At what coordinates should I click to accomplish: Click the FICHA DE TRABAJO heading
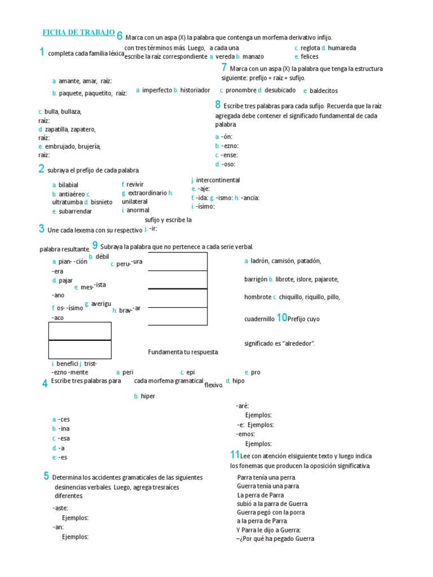[x=79, y=32]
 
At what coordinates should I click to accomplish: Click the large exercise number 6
[x=120, y=35]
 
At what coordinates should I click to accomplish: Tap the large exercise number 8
[x=218, y=104]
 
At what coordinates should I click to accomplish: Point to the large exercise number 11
[x=235, y=455]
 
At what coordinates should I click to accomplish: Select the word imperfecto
[x=157, y=90]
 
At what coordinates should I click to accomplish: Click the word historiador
[x=195, y=90]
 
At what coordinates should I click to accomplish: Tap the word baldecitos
[x=324, y=91]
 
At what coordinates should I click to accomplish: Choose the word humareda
[x=342, y=48]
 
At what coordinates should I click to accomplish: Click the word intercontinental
[x=218, y=180]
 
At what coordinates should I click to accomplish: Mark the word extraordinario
[x=147, y=193]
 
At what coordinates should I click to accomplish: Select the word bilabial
[x=68, y=185]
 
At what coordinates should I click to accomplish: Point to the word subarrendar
[x=75, y=211]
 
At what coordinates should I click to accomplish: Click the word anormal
[x=138, y=210]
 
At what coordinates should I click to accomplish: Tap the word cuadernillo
[x=259, y=319]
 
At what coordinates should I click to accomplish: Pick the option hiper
[x=148, y=396]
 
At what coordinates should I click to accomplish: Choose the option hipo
[x=238, y=381]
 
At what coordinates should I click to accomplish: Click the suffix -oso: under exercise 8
[x=228, y=165]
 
